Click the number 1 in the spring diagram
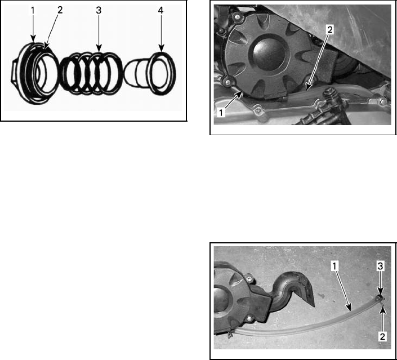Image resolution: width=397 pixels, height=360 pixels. point(33,10)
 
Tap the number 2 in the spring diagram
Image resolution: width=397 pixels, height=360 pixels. point(60,10)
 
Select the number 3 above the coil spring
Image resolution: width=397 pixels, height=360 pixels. point(99,10)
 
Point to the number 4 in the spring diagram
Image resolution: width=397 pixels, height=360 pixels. point(161,11)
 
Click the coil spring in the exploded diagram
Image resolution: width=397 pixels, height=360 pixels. point(91,73)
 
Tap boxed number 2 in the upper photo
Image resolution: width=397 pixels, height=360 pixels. point(329,30)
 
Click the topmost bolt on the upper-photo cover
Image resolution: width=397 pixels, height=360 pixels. point(237,17)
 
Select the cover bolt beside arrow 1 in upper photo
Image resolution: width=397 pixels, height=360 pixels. point(229,82)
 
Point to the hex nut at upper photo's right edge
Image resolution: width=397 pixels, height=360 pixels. point(382,102)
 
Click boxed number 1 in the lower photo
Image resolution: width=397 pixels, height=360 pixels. point(334,266)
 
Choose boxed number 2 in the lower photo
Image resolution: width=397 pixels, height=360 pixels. point(382,336)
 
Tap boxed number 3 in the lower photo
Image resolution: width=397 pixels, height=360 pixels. point(380,266)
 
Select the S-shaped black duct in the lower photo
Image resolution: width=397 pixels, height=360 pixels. point(291,291)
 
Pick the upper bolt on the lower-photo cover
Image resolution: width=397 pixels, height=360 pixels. point(249,279)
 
